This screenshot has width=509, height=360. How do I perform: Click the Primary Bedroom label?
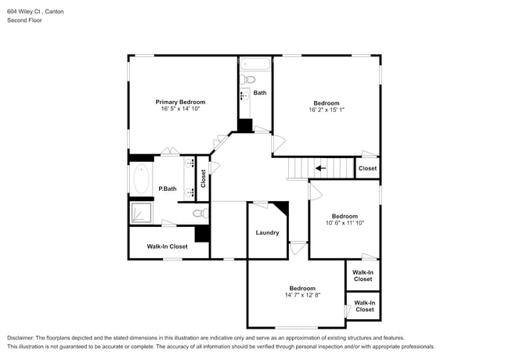tap(180, 102)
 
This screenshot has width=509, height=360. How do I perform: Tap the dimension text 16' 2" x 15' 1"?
tap(327, 110)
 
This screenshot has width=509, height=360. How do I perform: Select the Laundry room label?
tap(267, 232)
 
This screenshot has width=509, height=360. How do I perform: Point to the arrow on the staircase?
tap(319, 167)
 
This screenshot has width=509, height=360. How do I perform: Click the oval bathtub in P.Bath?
tap(143, 179)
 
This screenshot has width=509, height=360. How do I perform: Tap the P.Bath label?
tap(167, 189)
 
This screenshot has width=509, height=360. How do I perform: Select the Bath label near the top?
tap(259, 93)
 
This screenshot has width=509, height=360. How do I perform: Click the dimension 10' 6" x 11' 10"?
tap(345, 223)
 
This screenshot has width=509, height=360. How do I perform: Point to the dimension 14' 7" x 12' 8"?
tap(302, 295)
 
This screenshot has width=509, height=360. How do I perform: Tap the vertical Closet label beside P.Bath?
tap(203, 178)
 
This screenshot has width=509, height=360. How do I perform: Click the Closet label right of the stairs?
tap(367, 168)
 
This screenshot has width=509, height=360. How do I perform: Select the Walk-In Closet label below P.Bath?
tap(168, 247)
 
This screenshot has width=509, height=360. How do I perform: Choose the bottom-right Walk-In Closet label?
tap(364, 306)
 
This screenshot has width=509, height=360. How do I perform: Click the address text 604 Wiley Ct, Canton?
tap(35, 11)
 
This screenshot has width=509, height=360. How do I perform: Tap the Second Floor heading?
tap(25, 20)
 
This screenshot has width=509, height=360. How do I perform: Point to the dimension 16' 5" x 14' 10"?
tap(180, 110)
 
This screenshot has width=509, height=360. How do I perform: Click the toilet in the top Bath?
tap(249, 80)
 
